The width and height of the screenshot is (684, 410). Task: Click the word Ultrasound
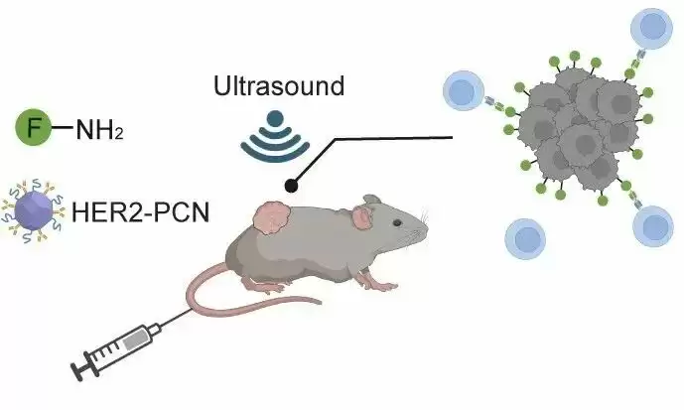click(279, 85)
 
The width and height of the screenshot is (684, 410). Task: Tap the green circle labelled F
click(31, 127)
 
